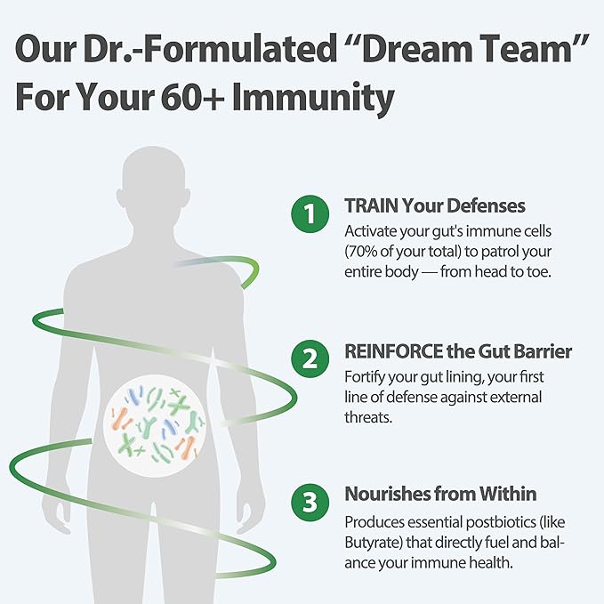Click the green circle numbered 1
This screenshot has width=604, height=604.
[310, 213]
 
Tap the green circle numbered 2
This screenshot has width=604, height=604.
[310, 358]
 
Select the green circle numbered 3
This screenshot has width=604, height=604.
[310, 503]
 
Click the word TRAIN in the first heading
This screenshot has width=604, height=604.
[371, 205]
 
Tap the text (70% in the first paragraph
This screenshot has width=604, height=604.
[360, 252]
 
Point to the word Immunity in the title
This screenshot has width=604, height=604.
[313, 98]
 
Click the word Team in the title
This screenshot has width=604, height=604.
[523, 49]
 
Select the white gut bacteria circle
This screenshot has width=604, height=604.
[155, 426]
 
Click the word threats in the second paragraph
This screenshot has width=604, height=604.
[367, 417]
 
